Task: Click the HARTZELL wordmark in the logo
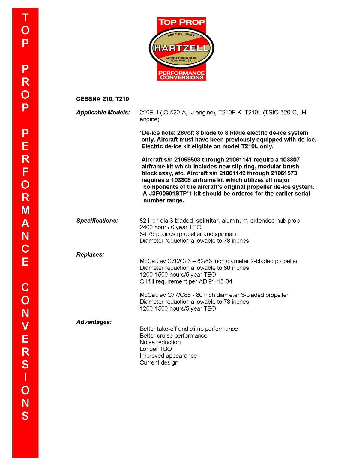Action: [181, 48]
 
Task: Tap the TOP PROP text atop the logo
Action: [181, 22]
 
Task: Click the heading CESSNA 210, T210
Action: [103, 99]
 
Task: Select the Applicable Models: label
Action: [103, 113]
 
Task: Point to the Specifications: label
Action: [97, 221]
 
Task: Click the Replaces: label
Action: [90, 254]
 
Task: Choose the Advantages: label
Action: [94, 322]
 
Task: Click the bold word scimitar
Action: [207, 221]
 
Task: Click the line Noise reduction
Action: [160, 342]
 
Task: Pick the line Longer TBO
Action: [156, 349]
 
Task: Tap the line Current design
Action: [159, 362]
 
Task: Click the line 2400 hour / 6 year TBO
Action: [170, 227]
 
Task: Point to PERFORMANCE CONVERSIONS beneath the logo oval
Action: [181, 75]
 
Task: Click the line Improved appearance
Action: [168, 356]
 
